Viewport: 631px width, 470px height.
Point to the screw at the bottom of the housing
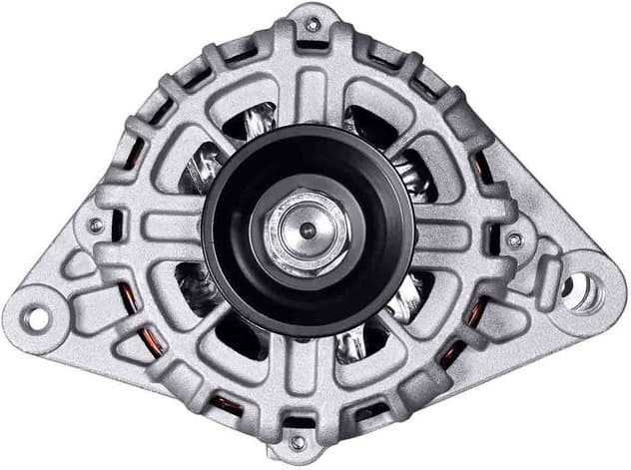[297, 440]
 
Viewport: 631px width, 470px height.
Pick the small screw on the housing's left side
[96, 226]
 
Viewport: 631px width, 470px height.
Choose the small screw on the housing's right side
[515, 239]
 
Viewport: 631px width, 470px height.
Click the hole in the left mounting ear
[36, 318]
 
